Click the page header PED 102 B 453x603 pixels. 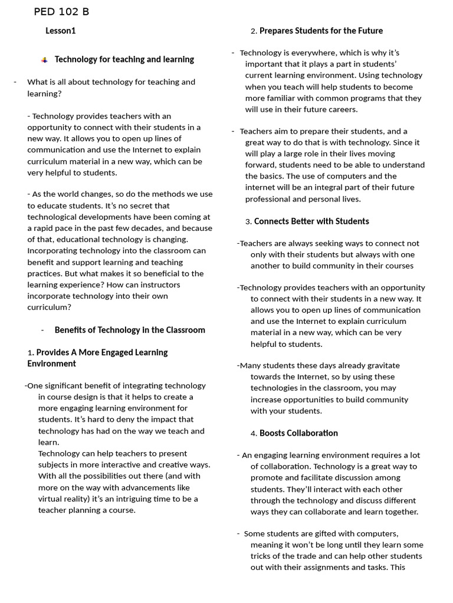62,12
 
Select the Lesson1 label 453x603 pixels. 61,31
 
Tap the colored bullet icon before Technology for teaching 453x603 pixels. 44,60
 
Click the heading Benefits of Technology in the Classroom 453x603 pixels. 130,330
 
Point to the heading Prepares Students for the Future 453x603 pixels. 321,31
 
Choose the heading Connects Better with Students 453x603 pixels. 311,221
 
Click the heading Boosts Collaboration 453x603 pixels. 298,433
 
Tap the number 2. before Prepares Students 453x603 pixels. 254,31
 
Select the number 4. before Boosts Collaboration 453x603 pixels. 254,433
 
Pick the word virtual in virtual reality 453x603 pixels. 51,499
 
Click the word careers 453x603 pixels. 342,110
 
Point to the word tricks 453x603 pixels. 263,556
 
